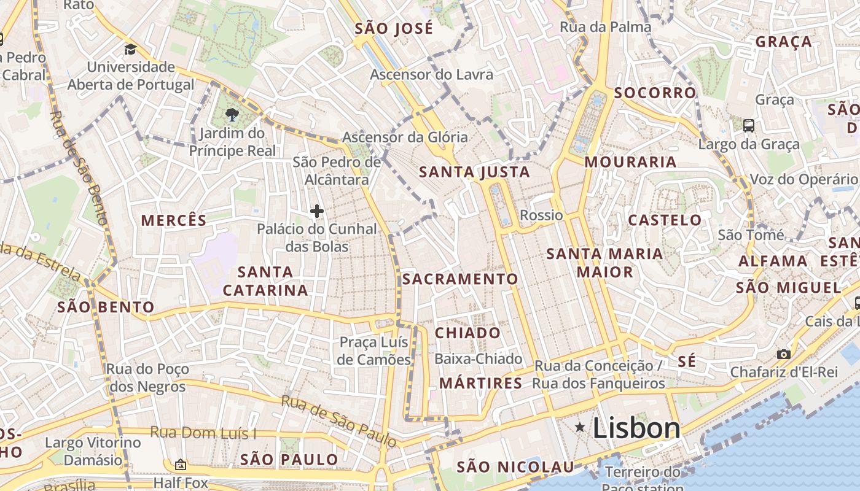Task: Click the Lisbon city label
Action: (x=636, y=428)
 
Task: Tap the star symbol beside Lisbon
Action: (x=580, y=427)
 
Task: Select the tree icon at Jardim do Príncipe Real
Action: (x=232, y=114)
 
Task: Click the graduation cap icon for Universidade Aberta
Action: (x=130, y=50)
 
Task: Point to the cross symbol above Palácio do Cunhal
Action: (x=317, y=212)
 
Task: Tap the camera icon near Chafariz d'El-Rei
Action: (x=784, y=354)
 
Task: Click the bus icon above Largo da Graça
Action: (x=749, y=126)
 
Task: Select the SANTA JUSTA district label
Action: (x=474, y=172)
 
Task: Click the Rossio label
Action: (x=541, y=215)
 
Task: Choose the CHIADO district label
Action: (x=468, y=333)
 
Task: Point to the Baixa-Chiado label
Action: (x=479, y=358)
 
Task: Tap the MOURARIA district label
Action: (x=630, y=162)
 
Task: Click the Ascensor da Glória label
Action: (x=405, y=137)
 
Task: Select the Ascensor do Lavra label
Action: (x=431, y=75)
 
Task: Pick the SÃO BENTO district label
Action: (x=106, y=307)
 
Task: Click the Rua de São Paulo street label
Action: (x=338, y=420)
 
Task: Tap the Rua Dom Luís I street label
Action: (x=203, y=433)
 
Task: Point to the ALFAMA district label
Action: (x=773, y=261)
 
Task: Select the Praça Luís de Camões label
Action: (x=374, y=350)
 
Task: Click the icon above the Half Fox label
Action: (x=180, y=465)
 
